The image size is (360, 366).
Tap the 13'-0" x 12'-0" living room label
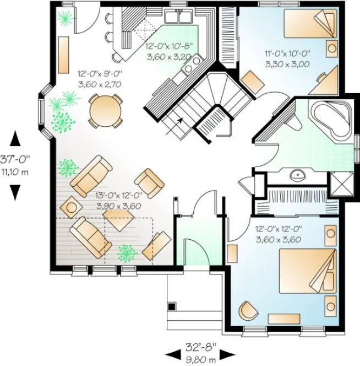pos(119,201)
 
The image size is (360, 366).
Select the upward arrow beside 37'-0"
pos(15,138)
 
